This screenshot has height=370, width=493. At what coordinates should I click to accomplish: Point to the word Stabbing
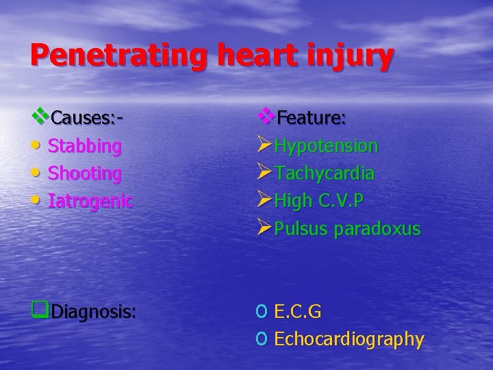pos(85,146)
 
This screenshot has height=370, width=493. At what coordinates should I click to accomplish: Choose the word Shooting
pos(85,173)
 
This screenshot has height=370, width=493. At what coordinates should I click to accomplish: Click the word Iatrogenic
pos(90,201)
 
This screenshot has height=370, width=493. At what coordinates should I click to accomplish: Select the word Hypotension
pos(326,146)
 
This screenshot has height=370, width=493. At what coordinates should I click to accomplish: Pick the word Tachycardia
pos(324,173)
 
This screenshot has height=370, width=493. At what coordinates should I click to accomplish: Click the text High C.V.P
pos(318,201)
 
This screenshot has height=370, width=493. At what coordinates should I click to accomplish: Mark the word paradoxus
pos(377,229)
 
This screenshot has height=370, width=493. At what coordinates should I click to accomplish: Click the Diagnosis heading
pos(94,312)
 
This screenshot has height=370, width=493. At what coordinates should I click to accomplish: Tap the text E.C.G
pos(297,312)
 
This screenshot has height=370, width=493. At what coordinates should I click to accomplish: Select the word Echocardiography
pos(349,339)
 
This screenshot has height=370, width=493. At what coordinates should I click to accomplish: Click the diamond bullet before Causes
pos(41,116)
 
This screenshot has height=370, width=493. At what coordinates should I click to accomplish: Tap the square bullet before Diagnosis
pos(39,312)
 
